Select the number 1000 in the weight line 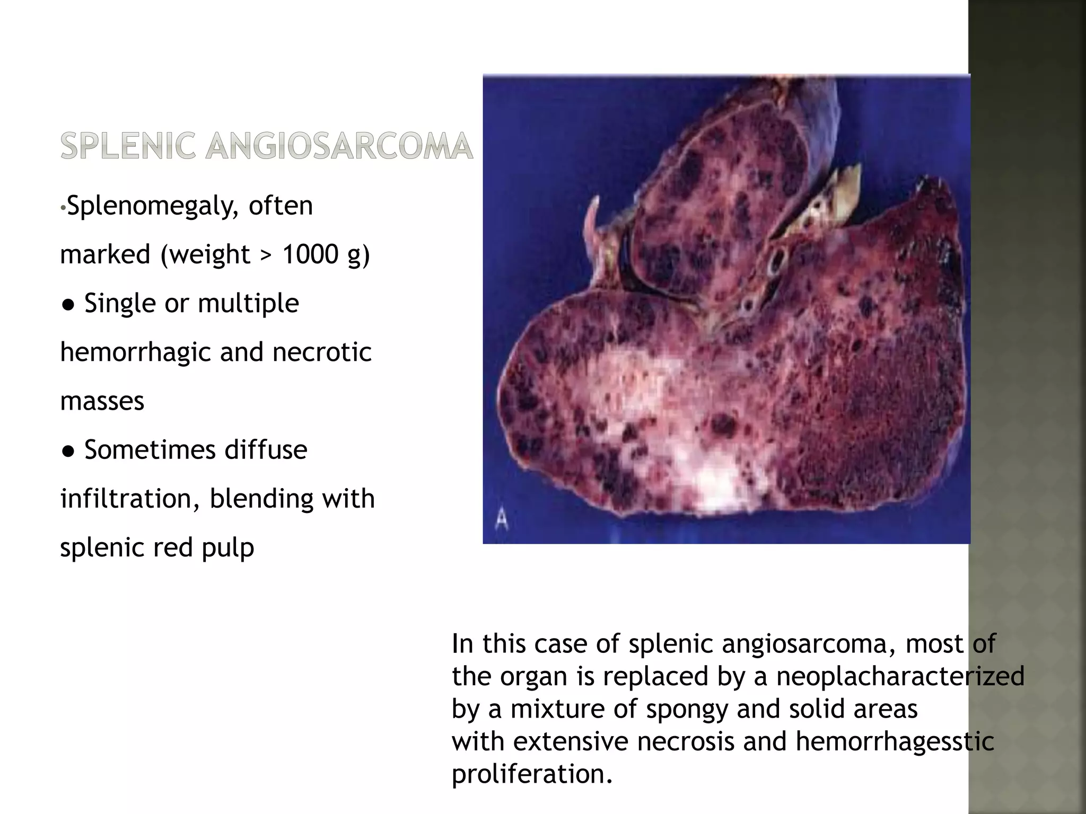pyautogui.click(x=310, y=254)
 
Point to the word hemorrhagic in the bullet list pyautogui.click(x=136, y=352)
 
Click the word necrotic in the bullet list pyautogui.click(x=322, y=352)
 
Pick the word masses pyautogui.click(x=102, y=401)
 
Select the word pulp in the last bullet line pyautogui.click(x=228, y=548)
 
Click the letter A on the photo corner pyautogui.click(x=501, y=520)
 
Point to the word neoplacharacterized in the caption pyautogui.click(x=900, y=677)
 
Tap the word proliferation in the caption pyautogui.click(x=532, y=774)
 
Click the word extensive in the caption pyautogui.click(x=571, y=741)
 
